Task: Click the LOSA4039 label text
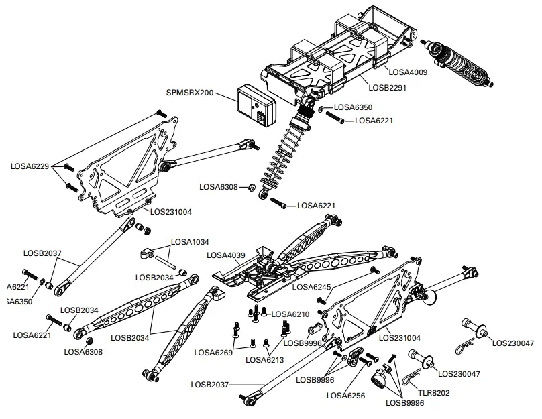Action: point(227,255)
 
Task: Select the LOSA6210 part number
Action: point(292,314)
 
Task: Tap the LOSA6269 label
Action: point(212,352)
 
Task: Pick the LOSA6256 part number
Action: point(345,395)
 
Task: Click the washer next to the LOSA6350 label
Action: point(323,107)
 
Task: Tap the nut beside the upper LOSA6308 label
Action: point(250,187)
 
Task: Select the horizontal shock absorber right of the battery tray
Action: point(460,63)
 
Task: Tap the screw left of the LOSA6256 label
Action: point(366,361)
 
